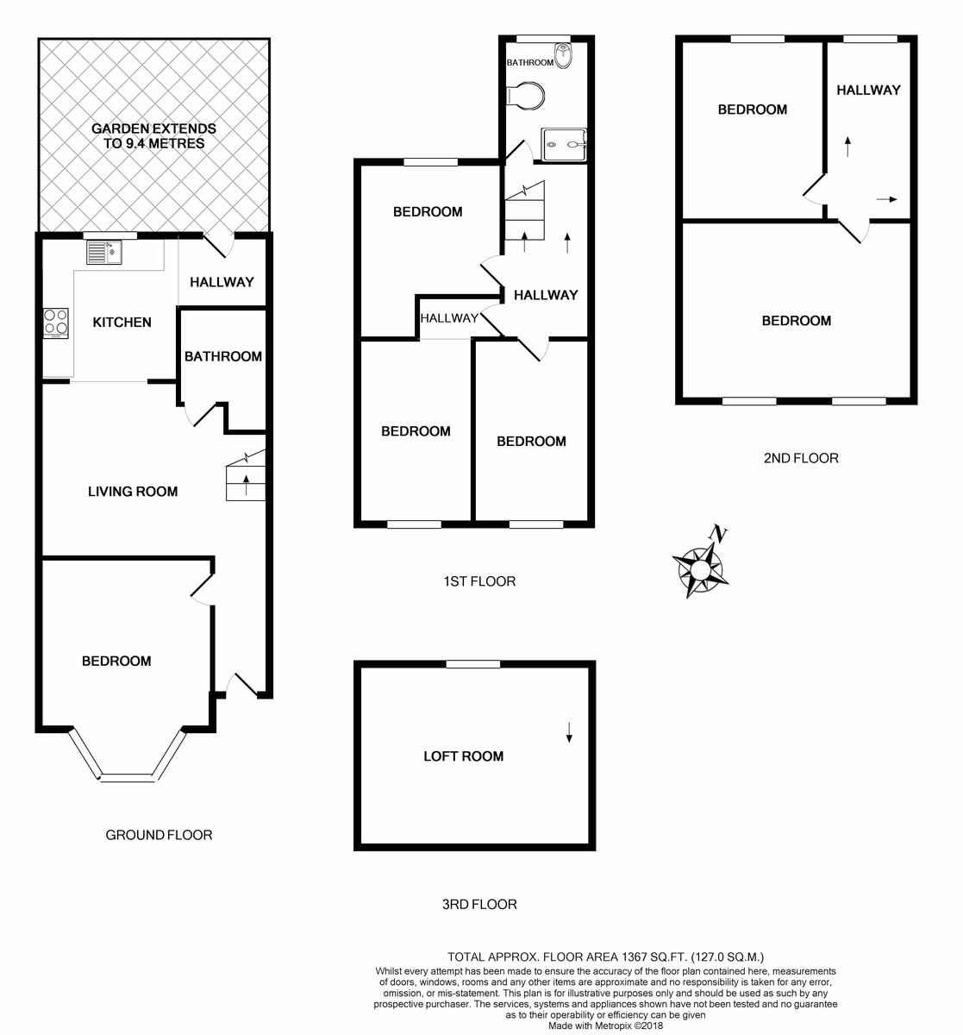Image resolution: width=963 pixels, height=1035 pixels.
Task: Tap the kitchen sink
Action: (x=104, y=252)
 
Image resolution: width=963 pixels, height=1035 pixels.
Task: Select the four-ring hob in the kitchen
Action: (x=56, y=323)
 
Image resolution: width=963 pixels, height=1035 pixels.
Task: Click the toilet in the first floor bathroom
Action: (x=526, y=96)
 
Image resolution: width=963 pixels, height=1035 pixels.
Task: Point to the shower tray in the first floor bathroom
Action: (x=563, y=144)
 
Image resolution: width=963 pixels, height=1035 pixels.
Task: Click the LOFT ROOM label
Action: (x=463, y=756)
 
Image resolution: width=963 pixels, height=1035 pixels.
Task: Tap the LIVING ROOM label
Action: (x=133, y=492)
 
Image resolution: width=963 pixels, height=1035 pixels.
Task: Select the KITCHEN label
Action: (x=122, y=322)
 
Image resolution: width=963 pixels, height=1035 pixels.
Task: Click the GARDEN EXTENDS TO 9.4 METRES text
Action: (x=154, y=136)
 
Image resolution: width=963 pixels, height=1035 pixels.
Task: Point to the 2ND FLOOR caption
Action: (x=800, y=458)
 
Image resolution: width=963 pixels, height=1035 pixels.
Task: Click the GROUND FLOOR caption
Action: (x=159, y=834)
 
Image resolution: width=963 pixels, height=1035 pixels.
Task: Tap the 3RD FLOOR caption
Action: (x=479, y=904)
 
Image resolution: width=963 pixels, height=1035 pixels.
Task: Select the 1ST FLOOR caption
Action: (x=479, y=581)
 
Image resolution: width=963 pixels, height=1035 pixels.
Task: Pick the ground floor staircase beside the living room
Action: (x=246, y=480)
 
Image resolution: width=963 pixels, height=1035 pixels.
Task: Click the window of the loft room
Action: (x=472, y=663)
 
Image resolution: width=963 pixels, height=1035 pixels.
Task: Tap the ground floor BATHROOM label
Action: (x=222, y=356)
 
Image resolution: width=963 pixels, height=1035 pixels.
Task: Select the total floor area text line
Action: (x=605, y=957)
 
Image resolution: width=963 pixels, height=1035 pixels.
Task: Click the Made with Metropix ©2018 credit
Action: (x=605, y=1026)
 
